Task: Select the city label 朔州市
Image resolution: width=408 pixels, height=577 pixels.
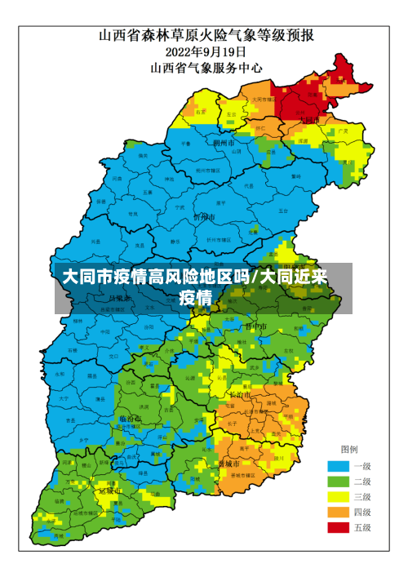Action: click(x=223, y=142)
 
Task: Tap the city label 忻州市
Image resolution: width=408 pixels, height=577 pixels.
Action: click(x=203, y=217)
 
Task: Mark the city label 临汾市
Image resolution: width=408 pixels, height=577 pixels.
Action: click(x=130, y=419)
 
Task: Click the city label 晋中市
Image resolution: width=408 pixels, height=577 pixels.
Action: click(x=255, y=326)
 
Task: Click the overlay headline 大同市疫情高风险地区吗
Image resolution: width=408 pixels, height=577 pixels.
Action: click(x=159, y=277)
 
